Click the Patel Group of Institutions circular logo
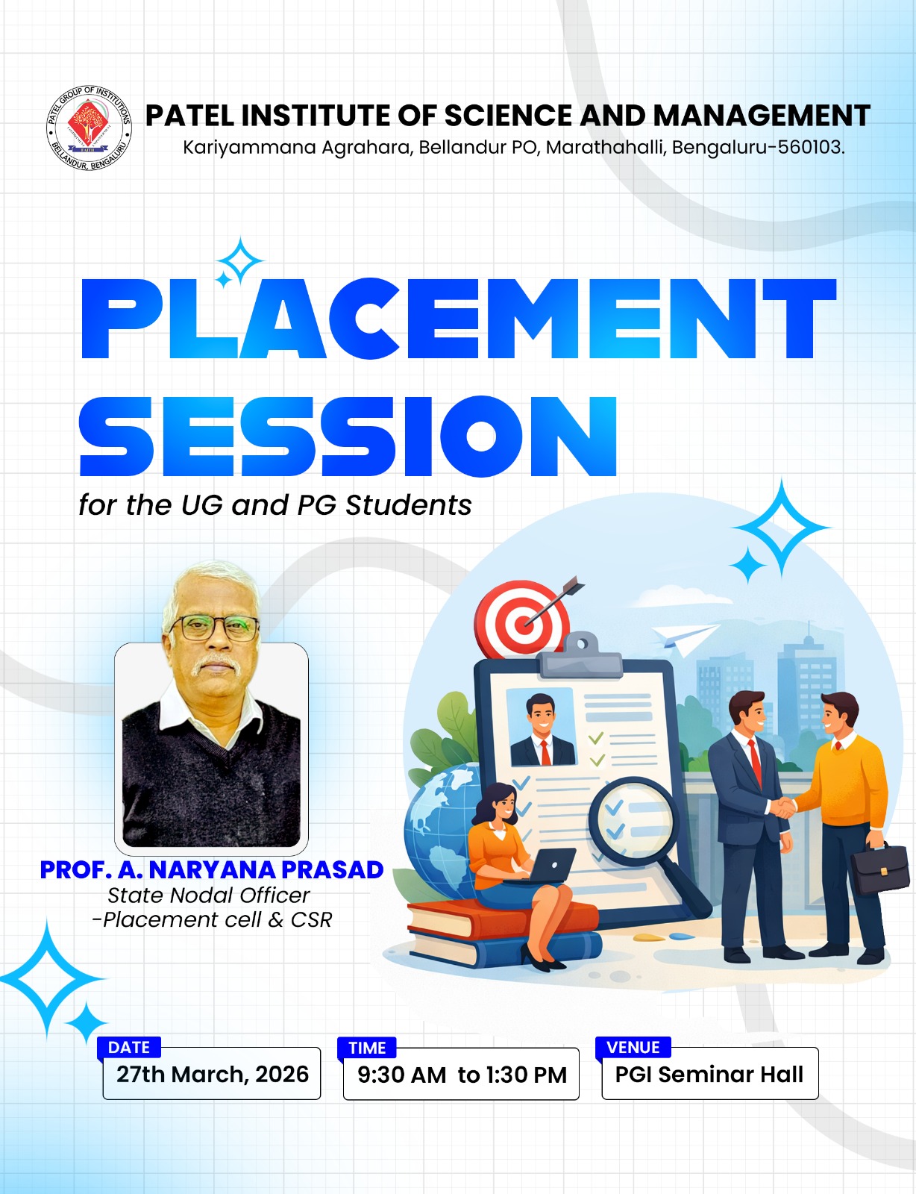[x=89, y=128]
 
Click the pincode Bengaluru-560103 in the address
[x=759, y=147]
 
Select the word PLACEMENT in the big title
[x=459, y=319]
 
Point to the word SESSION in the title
[x=348, y=436]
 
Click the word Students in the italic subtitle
[x=409, y=505]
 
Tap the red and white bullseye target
[x=521, y=619]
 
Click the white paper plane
[x=684, y=640]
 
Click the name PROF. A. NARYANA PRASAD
[x=211, y=869]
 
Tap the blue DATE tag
[x=129, y=1047]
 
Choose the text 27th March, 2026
[x=213, y=1074]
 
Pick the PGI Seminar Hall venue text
[x=709, y=1074]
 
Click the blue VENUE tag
[x=633, y=1047]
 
